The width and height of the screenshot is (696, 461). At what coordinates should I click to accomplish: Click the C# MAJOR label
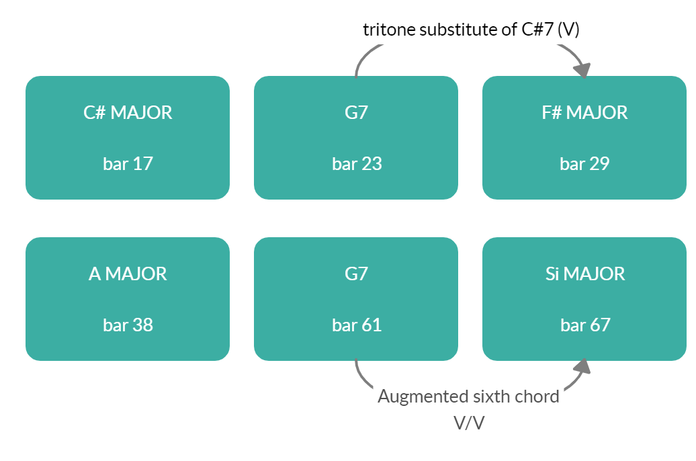(128, 112)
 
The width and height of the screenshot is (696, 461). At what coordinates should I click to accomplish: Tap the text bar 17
(128, 163)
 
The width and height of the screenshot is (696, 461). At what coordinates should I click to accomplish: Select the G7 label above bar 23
(356, 112)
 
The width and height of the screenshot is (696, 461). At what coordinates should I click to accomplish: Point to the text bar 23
(356, 163)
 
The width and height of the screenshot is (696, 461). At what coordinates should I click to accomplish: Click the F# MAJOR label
(584, 112)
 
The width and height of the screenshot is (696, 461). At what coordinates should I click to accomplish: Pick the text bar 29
(584, 163)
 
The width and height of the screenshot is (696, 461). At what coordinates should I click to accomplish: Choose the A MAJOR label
(128, 274)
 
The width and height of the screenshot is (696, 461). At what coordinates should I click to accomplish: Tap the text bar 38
(128, 325)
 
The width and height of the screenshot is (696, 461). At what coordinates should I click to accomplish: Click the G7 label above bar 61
(356, 274)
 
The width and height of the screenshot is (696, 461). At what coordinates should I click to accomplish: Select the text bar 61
(356, 325)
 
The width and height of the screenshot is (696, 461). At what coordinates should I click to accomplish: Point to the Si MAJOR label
(584, 274)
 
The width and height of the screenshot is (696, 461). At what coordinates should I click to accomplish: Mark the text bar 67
(584, 325)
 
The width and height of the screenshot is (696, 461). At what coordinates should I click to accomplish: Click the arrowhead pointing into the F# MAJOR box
(582, 70)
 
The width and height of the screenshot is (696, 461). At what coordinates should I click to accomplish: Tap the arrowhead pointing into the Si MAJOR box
(582, 367)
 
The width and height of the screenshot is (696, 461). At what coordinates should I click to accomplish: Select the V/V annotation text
(469, 423)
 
